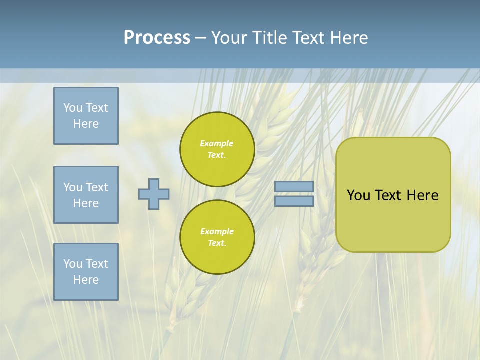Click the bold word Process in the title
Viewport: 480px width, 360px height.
pos(157,38)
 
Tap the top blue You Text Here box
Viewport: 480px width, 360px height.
pos(86,116)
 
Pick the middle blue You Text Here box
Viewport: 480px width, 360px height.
pos(86,195)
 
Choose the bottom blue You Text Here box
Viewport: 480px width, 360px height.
pos(86,272)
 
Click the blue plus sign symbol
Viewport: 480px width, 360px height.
pos(154,194)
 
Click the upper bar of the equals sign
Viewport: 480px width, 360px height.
pos(294,186)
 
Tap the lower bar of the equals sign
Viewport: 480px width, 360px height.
pos(294,201)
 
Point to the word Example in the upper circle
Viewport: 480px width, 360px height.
pos(216,143)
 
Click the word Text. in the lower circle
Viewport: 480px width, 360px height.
pos(217,243)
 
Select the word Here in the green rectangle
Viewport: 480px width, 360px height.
pos(422,195)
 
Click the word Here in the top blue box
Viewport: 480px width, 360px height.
pos(86,124)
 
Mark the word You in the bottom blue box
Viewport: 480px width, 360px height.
pos(72,264)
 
